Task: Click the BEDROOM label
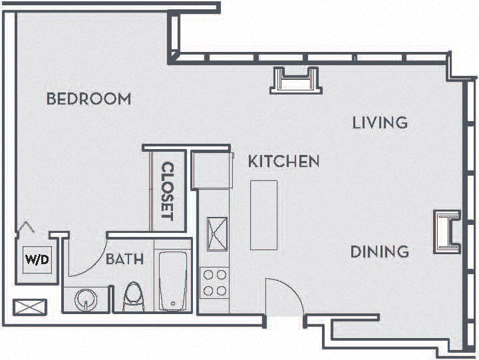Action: click(x=88, y=99)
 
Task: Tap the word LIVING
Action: click(x=379, y=122)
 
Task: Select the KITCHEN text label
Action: click(x=283, y=161)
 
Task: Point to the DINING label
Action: click(x=379, y=252)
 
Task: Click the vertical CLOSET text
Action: click(x=167, y=192)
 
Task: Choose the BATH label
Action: click(x=124, y=260)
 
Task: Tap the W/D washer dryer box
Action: click(x=37, y=260)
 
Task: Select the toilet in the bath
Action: click(x=134, y=297)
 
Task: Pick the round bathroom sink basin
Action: click(x=86, y=299)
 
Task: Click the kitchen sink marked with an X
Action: click(x=218, y=232)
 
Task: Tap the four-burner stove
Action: click(x=214, y=282)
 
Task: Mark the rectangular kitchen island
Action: click(x=263, y=214)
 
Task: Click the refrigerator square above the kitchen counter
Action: click(x=212, y=170)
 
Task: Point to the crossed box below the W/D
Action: click(x=31, y=307)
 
